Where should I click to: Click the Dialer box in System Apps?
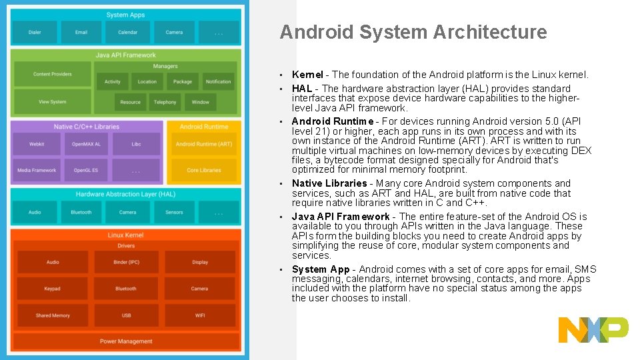pos(35,32)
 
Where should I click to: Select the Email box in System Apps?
pos(81,32)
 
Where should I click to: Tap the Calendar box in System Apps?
pos(127,32)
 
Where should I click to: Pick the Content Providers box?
pos(53,75)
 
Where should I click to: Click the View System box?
pos(53,102)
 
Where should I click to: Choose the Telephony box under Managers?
pos(165,102)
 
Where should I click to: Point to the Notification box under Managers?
pos(218,82)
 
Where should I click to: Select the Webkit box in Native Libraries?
pos(37,144)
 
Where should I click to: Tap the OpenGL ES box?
pos(85,171)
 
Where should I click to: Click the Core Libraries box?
pos(204,171)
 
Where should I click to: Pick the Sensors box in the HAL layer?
pos(174,213)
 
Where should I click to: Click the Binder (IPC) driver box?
pos(126,262)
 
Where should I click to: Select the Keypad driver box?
pos(53,289)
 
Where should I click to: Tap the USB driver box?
pos(126,315)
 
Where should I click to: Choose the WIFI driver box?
pos(200,315)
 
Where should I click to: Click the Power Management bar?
pos(126,341)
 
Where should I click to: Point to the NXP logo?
pos(593,330)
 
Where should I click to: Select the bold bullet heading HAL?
pos(302,89)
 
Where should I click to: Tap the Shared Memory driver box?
pos(53,315)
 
